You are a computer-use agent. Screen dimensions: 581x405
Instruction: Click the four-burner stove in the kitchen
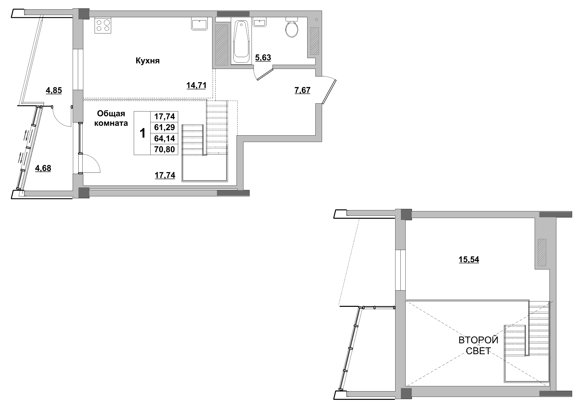[x=103, y=25]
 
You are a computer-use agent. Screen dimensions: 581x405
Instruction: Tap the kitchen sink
[x=200, y=24]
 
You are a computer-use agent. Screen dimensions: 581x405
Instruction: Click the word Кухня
[x=148, y=61]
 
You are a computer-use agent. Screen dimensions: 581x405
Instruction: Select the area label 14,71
[x=196, y=86]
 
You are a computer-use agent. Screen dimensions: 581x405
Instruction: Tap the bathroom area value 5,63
[x=263, y=58]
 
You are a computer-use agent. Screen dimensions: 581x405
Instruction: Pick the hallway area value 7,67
[x=302, y=91]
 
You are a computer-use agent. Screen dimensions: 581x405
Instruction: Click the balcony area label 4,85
[x=54, y=91]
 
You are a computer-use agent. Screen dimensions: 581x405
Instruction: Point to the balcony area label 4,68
[x=43, y=168]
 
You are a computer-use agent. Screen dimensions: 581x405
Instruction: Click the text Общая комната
[x=111, y=119]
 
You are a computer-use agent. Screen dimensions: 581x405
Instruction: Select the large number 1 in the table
[x=143, y=133]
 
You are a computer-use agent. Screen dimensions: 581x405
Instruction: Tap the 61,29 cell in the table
[x=165, y=127]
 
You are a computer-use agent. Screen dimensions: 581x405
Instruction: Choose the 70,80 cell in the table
[x=165, y=149]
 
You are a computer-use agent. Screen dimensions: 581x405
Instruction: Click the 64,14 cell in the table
[x=165, y=139]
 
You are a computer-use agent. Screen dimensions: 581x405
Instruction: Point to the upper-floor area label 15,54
[x=469, y=260]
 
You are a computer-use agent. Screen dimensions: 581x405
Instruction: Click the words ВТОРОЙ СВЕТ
[x=478, y=345]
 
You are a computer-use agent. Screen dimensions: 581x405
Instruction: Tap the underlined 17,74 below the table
[x=165, y=175]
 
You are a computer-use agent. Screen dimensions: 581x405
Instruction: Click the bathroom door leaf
[x=265, y=74]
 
